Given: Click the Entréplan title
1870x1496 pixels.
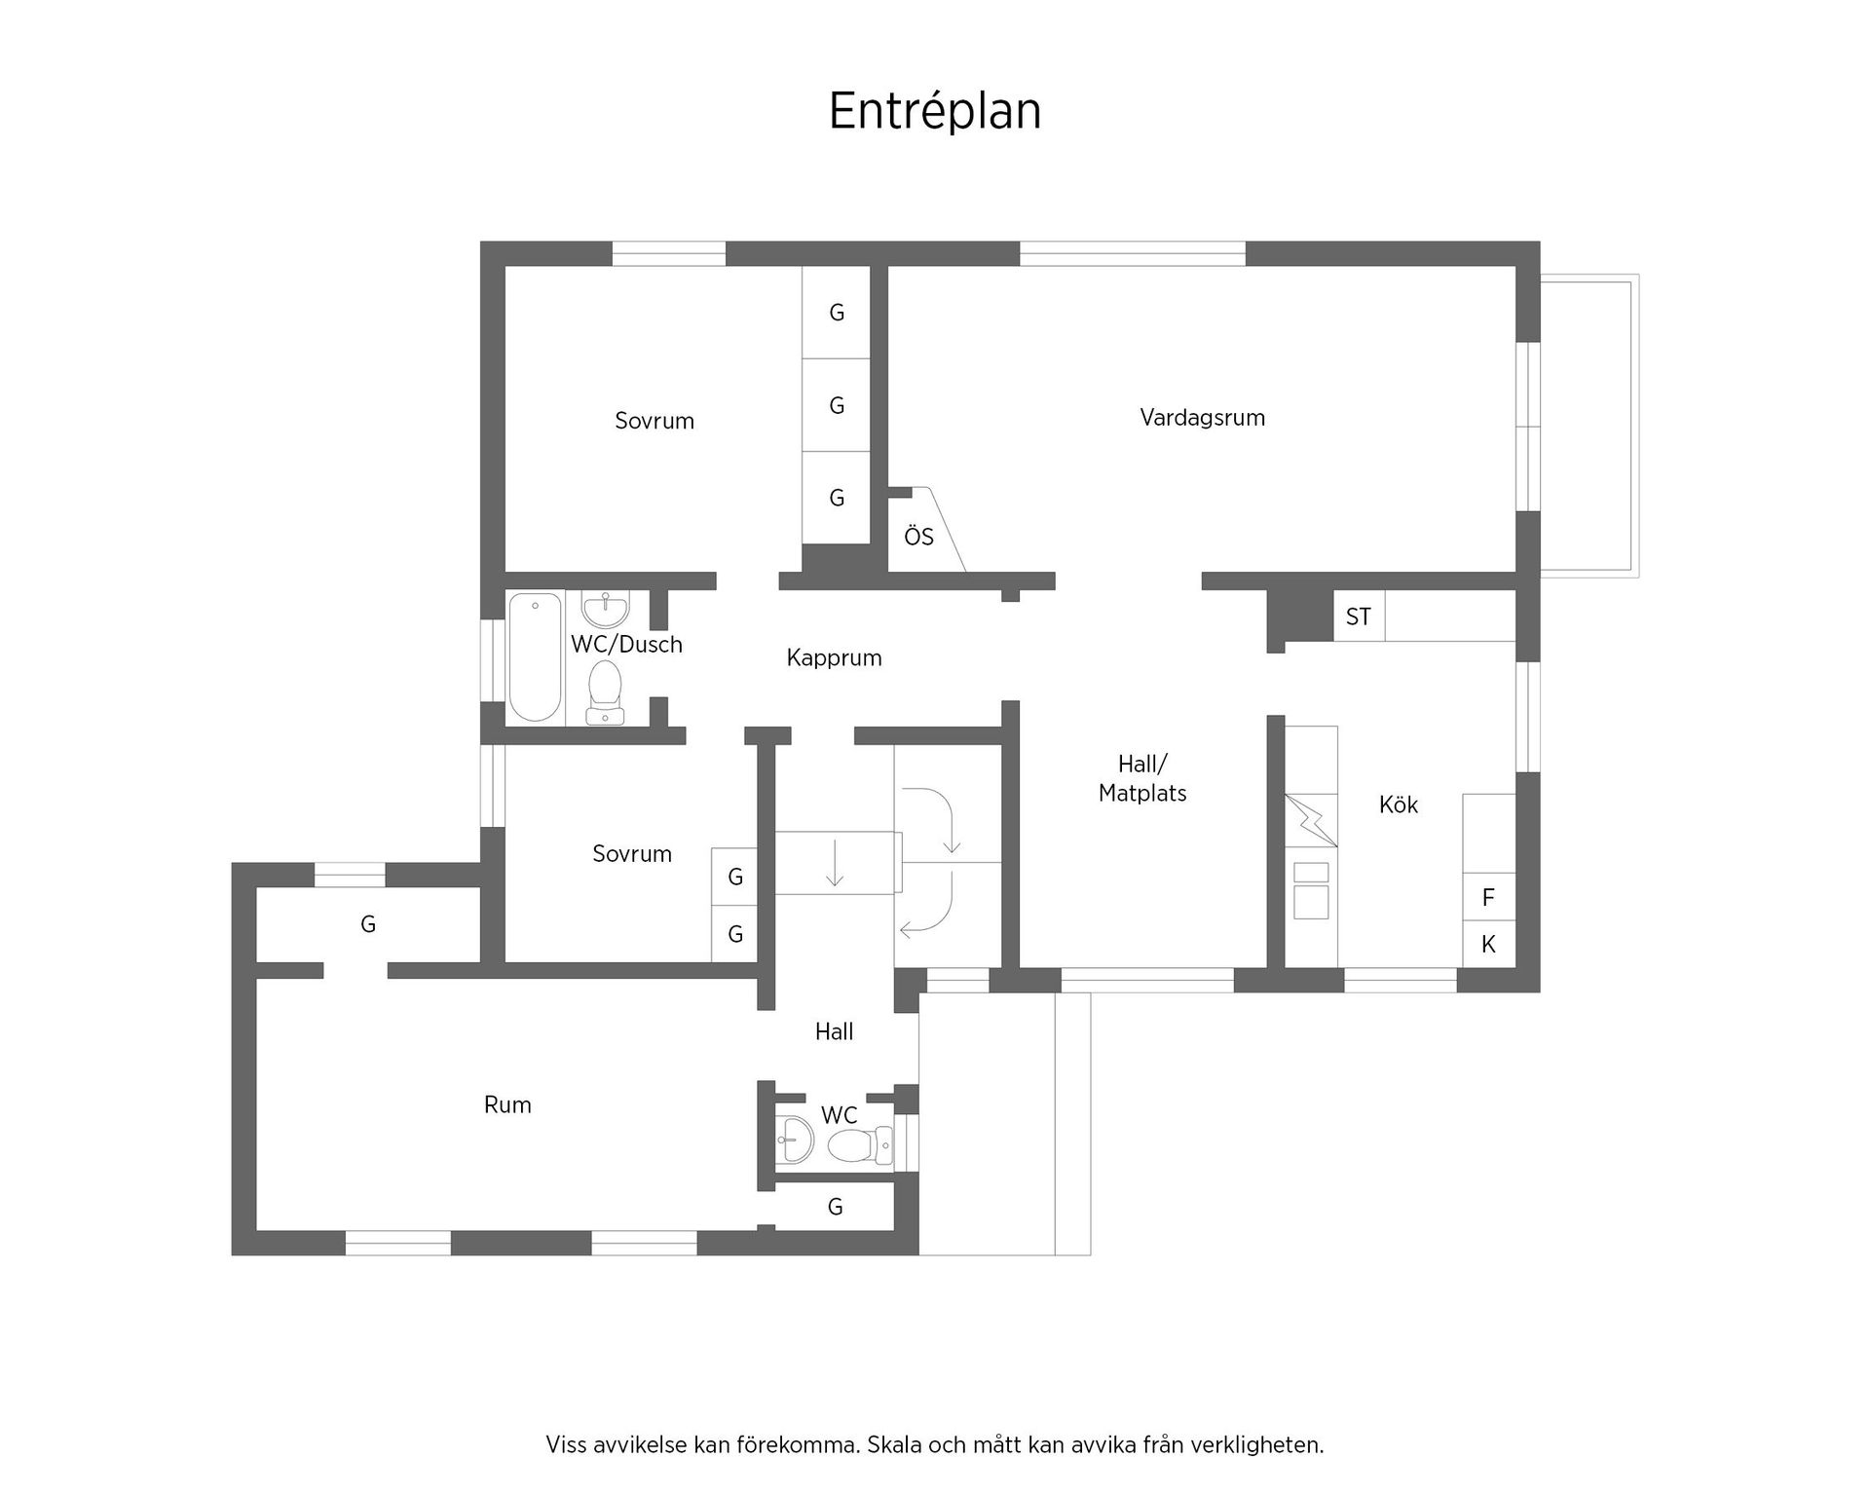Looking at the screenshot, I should tap(934, 111).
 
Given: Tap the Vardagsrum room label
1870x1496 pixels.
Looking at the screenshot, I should tap(1202, 418).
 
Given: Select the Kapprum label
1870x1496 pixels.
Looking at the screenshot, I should tap(834, 657).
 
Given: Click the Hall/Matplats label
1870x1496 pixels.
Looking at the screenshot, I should tap(1142, 778).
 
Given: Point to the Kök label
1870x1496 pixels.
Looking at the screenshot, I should tap(1398, 804).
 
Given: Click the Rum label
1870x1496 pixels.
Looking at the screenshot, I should tap(507, 1104).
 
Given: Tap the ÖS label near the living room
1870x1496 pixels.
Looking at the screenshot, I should tap(918, 537).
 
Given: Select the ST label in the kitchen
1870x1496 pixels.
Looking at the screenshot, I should tap(1358, 617).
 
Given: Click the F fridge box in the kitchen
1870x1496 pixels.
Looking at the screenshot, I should tap(1488, 897).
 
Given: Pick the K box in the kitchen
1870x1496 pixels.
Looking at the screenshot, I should tap(1488, 944).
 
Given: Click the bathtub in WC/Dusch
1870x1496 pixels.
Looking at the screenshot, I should tap(535, 656).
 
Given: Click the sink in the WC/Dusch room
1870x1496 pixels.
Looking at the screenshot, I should tap(606, 610).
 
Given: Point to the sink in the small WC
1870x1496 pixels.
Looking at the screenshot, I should tap(796, 1139).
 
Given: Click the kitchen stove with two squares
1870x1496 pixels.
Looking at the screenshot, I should tap(1311, 890).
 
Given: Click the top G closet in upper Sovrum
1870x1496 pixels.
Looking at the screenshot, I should tap(836, 313).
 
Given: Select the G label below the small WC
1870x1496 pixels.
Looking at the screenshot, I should tap(835, 1208).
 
